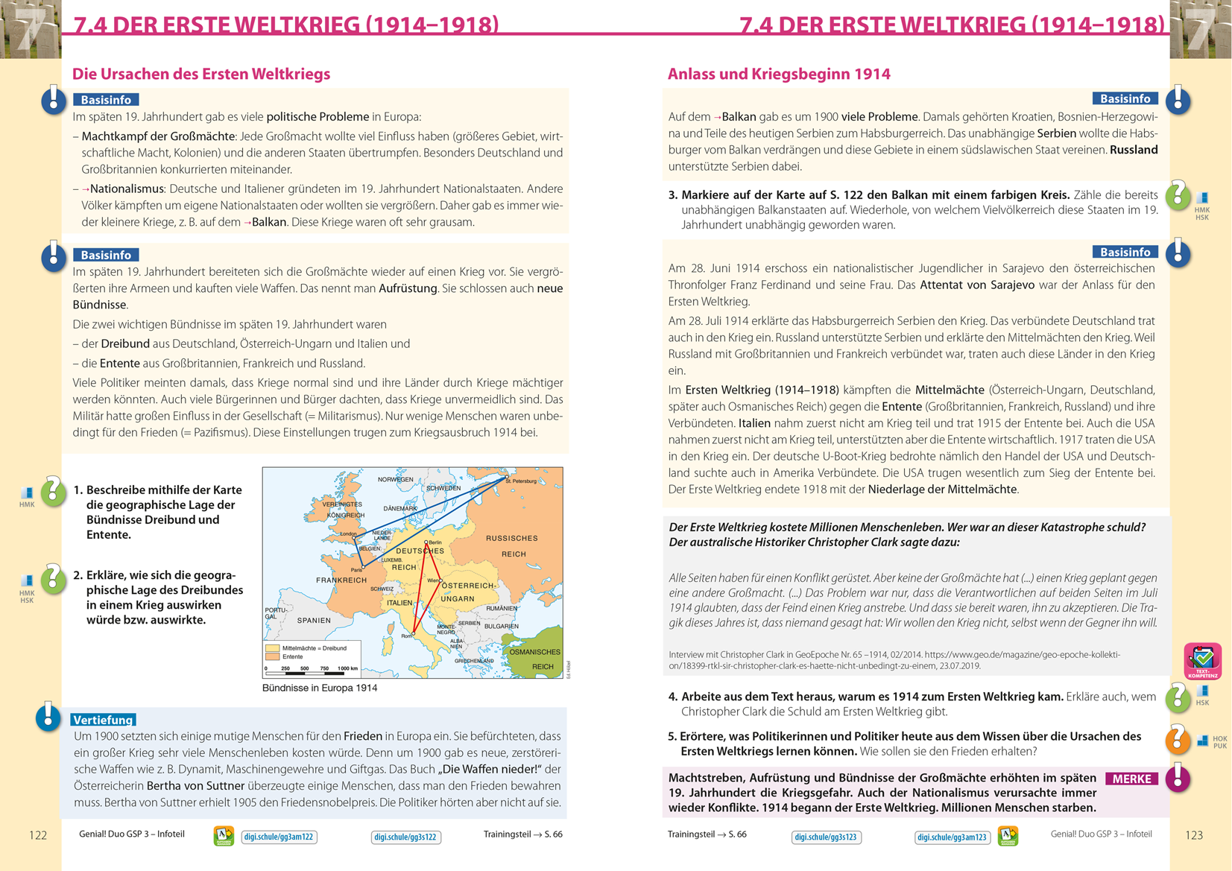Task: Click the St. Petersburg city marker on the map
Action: coord(507,477)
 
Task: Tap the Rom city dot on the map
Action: coord(413,633)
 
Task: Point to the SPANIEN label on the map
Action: coord(314,620)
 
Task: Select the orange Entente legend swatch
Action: coord(273,657)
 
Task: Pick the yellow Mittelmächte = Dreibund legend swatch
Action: coord(273,648)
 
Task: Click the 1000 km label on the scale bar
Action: coord(347,668)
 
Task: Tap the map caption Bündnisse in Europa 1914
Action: coord(320,688)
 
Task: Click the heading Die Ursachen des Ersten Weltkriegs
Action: coord(201,74)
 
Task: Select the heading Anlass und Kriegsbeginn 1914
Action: coord(779,74)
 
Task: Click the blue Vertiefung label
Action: coord(104,720)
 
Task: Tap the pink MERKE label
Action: coord(1131,779)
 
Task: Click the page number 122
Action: coord(38,835)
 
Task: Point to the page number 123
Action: coord(1194,835)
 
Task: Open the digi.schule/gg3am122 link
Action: coord(279,837)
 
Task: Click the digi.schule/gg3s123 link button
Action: coord(826,837)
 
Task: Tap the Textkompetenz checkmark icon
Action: coord(1202,659)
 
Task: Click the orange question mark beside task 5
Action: coord(1178,739)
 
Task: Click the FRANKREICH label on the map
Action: coord(341,580)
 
